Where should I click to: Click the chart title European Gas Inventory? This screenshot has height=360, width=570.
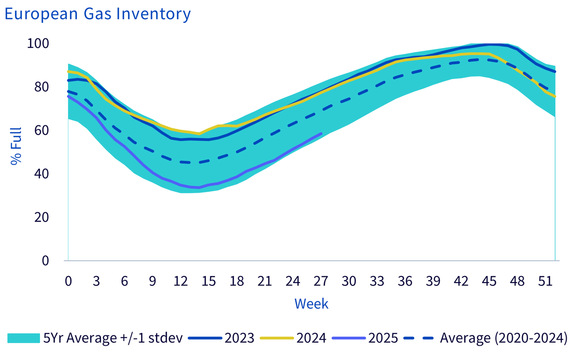pyautogui.click(x=97, y=14)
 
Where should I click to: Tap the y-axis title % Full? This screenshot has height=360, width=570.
pyautogui.click(x=16, y=146)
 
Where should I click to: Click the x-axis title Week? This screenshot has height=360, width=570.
pyautogui.click(x=312, y=304)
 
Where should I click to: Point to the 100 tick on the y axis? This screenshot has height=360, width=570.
pyautogui.click(x=38, y=44)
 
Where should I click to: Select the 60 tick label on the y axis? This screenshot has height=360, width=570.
pyautogui.click(x=41, y=131)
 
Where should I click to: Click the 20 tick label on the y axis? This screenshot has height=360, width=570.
pyautogui.click(x=41, y=217)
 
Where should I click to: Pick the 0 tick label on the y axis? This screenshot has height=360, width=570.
pyautogui.click(x=45, y=261)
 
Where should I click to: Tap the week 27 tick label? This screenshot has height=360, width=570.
pyautogui.click(x=321, y=281)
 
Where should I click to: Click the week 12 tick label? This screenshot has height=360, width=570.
pyautogui.click(x=180, y=281)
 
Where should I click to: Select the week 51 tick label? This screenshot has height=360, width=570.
pyautogui.click(x=545, y=281)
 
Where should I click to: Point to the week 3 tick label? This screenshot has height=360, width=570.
pyautogui.click(x=96, y=281)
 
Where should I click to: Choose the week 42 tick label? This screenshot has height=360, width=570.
pyautogui.click(x=461, y=281)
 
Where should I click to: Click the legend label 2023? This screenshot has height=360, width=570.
pyautogui.click(x=239, y=338)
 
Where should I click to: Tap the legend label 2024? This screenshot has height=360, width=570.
pyautogui.click(x=311, y=338)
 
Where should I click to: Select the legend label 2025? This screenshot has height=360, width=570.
pyautogui.click(x=383, y=338)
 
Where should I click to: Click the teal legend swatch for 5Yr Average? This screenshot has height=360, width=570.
pyautogui.click(x=24, y=338)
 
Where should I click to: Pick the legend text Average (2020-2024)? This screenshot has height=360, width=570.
pyautogui.click(x=504, y=338)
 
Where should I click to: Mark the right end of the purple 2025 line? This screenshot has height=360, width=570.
pyautogui.click(x=321, y=133)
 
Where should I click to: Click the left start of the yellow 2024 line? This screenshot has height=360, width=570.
pyautogui.click(x=68, y=72)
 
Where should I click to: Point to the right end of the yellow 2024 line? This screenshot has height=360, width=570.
pyautogui.click(x=555, y=96)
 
